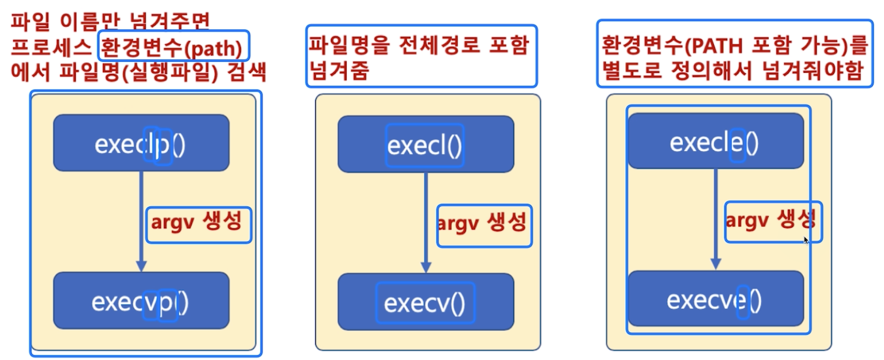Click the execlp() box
tap(141, 143)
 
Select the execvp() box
tap(141, 301)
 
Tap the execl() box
tap(426, 145)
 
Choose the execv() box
tap(426, 302)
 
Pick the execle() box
tap(715, 141)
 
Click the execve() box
tap(715, 299)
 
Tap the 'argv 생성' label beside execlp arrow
tap(198, 222)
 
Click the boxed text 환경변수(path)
tap(172, 47)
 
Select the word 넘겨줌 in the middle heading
tap(339, 70)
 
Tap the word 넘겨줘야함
tap(813, 70)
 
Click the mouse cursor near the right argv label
tap(806, 240)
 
